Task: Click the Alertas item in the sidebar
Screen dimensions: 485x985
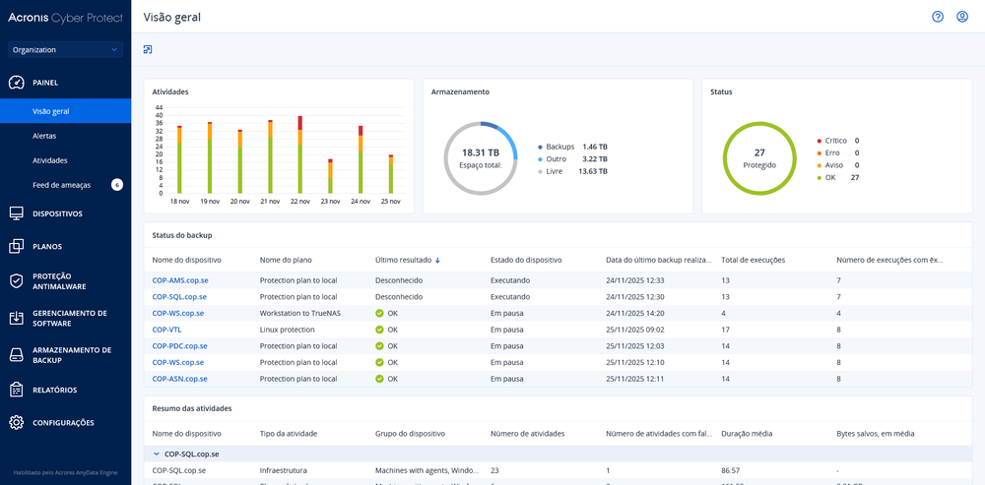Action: coord(45,136)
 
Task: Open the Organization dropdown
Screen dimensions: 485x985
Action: coord(65,49)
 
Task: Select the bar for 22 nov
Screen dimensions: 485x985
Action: coord(299,154)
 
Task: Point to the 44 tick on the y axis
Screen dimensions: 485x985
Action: coord(159,106)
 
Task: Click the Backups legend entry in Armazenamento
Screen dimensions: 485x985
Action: coord(559,146)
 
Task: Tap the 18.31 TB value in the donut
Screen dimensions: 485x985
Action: coord(481,152)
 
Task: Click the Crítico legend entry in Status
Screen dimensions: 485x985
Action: coord(835,141)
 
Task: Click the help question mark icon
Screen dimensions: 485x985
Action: coord(938,17)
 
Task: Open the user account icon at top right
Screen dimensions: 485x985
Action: coord(962,17)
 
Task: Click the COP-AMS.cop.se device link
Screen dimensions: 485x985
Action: coord(179,280)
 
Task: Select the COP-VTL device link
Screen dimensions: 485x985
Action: coord(166,330)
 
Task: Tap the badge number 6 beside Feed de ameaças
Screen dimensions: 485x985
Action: coord(117,184)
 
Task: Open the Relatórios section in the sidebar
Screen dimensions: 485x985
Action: coord(54,390)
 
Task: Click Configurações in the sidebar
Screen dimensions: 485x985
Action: coord(63,423)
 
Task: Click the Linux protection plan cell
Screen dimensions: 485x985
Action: coord(287,330)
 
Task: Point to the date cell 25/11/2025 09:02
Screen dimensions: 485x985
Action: coord(634,330)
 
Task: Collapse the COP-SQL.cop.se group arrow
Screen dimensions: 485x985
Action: coord(156,455)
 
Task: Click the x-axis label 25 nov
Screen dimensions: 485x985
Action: coord(390,201)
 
